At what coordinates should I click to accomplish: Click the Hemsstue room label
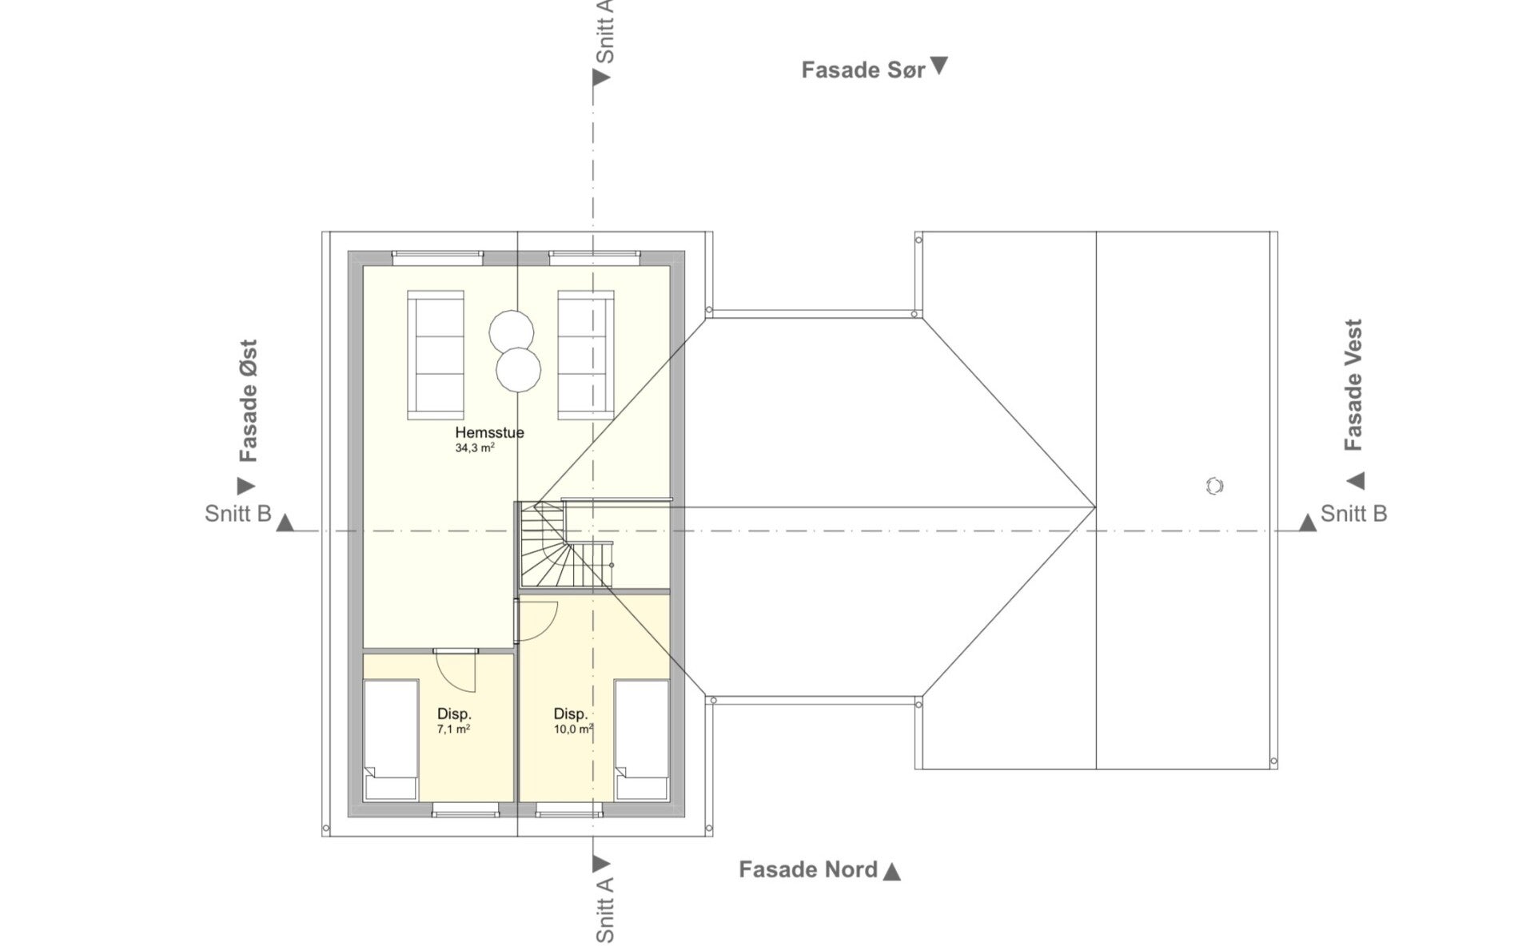click(x=489, y=432)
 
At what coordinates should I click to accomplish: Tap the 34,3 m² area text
click(x=475, y=448)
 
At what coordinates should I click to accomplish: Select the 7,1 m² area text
click(x=453, y=729)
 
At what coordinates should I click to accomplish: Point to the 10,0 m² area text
click(x=573, y=729)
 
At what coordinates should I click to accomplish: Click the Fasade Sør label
click(x=863, y=70)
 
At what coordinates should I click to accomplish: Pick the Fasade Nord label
click(x=808, y=869)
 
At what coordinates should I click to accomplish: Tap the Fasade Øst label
click(x=249, y=401)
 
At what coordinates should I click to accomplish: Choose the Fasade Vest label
click(x=1353, y=385)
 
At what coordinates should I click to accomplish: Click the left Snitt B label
click(x=238, y=514)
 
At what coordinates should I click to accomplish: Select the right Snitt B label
click(x=1353, y=514)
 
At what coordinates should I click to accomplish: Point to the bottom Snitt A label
click(x=605, y=909)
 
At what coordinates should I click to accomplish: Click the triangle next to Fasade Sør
click(x=939, y=66)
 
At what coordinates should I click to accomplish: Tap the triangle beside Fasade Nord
click(x=892, y=871)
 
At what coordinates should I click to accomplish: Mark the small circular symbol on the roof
click(x=1214, y=486)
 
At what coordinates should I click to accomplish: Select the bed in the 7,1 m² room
click(x=391, y=740)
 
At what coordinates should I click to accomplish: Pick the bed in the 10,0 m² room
click(x=641, y=740)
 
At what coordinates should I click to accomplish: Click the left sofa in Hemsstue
click(x=436, y=355)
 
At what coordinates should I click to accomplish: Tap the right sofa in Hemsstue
click(x=586, y=355)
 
